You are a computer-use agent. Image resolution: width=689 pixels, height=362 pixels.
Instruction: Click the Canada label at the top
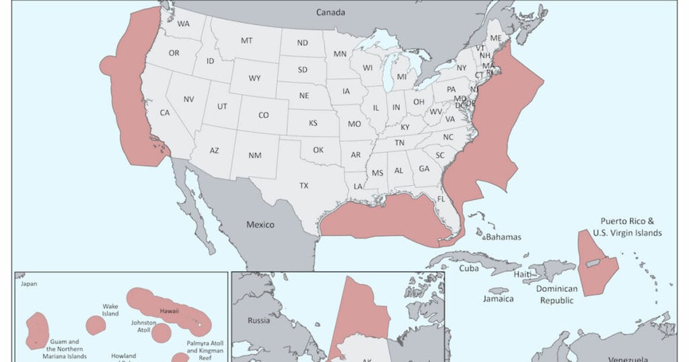331,12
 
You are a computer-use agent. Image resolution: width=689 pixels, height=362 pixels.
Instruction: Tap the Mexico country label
260,225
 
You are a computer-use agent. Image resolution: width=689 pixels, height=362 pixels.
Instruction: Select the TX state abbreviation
303,186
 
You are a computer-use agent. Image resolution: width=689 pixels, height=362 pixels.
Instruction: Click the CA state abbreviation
164,113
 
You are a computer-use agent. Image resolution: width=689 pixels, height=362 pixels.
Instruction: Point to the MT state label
247,41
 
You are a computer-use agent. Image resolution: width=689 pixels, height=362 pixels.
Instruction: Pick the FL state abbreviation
441,200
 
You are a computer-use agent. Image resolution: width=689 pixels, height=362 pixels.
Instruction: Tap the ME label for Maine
495,39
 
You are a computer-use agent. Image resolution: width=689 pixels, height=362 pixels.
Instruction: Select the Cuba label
468,268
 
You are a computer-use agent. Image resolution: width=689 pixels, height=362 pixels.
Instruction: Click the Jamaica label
499,299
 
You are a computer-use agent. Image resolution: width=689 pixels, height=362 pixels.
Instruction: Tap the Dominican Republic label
557,295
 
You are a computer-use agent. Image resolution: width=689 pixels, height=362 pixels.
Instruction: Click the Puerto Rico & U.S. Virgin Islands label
627,227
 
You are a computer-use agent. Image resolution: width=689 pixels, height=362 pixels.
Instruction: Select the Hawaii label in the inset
170,312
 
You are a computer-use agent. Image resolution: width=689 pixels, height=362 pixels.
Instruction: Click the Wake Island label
110,310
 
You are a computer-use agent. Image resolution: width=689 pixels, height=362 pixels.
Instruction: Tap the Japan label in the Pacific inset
29,284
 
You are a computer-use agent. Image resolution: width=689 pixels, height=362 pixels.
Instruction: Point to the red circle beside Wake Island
96,326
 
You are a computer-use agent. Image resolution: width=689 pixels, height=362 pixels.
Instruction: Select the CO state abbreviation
263,115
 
